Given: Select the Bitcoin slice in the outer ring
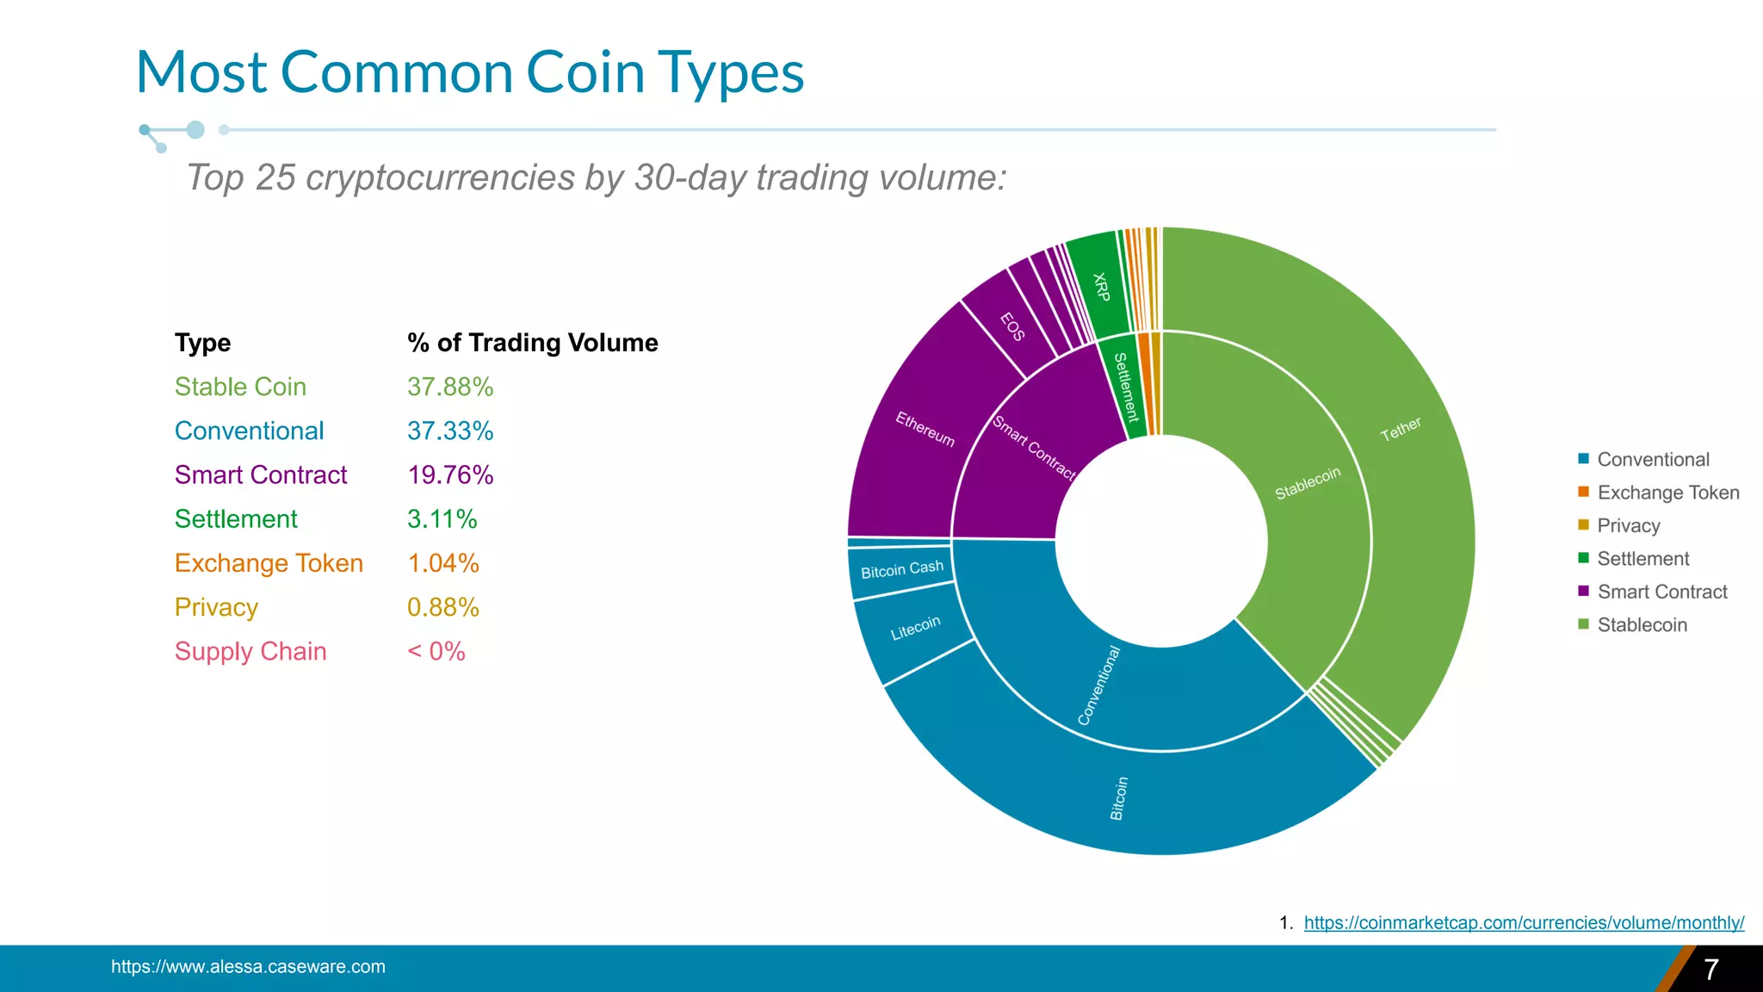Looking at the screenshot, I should click(x=1119, y=797).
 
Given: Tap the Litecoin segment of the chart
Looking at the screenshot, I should click(x=914, y=629).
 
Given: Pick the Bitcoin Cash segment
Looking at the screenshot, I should click(x=901, y=569).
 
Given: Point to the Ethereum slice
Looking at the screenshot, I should click(x=924, y=428).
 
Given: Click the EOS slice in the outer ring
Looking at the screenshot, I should click(x=1012, y=327).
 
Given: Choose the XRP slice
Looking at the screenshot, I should click(x=1100, y=287).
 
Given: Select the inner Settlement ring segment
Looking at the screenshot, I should click(x=1125, y=387).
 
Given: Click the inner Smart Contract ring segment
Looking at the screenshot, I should click(x=1033, y=448).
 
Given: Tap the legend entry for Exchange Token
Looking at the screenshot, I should click(x=1667, y=493).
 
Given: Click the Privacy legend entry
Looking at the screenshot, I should click(x=1628, y=525).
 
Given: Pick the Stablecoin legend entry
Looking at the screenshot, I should click(x=1642, y=625).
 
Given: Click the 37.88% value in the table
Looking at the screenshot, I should click(x=450, y=387).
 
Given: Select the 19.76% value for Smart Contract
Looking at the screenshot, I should click(x=450, y=475).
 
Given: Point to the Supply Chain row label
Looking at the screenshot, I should click(x=251, y=652).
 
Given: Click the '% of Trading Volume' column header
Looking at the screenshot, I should click(x=532, y=343).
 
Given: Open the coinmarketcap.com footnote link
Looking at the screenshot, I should click(x=1524, y=923).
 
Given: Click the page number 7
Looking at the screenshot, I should click(x=1710, y=970).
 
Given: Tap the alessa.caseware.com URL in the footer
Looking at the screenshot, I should click(x=248, y=967).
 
